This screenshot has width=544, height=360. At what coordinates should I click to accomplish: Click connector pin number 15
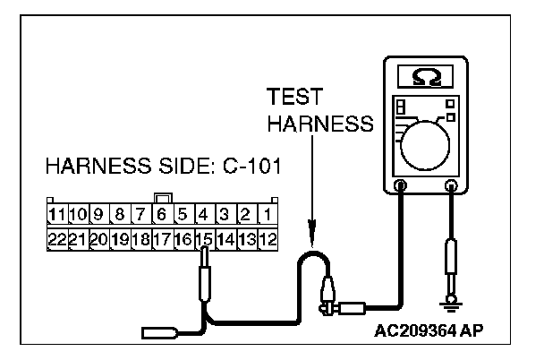click(x=204, y=239)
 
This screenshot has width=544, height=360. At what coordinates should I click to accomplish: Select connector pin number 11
click(x=58, y=216)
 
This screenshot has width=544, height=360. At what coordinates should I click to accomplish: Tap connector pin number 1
click(x=266, y=216)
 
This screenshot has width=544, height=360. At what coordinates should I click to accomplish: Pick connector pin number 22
click(x=58, y=239)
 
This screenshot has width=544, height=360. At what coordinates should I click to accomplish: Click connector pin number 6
click(x=162, y=216)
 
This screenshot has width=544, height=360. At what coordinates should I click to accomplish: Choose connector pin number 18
click(x=140, y=239)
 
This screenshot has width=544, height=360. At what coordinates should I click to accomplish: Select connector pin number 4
click(x=203, y=216)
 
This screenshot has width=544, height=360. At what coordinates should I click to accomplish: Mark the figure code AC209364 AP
click(x=438, y=329)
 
